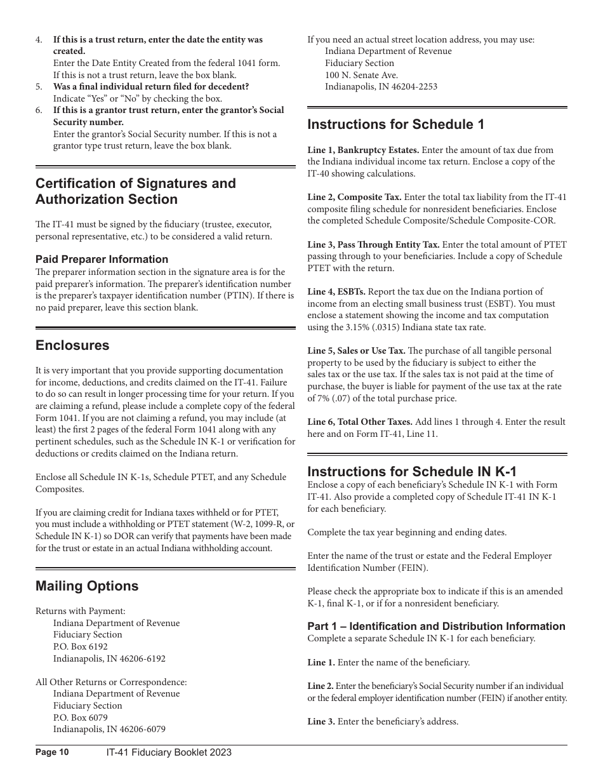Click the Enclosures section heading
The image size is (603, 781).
(x=72, y=345)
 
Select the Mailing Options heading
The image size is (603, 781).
(x=87, y=585)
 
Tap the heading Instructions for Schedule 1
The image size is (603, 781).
(x=395, y=124)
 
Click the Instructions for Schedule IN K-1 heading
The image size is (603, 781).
(x=412, y=471)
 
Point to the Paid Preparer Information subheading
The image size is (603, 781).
(x=102, y=259)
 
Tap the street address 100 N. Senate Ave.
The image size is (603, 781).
(x=361, y=75)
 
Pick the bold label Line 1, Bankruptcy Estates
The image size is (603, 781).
(x=363, y=150)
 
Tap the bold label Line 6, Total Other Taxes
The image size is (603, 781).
(x=360, y=422)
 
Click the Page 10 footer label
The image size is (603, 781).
(x=52, y=752)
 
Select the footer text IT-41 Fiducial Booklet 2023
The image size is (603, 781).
(x=169, y=752)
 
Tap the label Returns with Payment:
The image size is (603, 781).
(x=81, y=611)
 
